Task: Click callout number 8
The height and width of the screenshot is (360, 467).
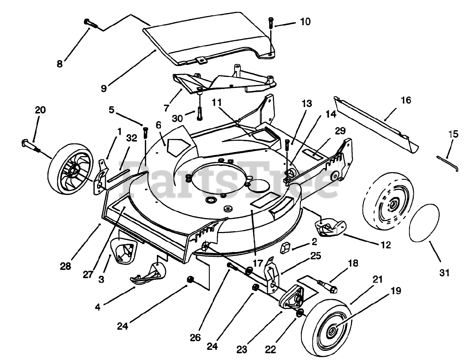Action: click(59, 64)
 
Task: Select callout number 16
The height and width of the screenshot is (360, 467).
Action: click(406, 100)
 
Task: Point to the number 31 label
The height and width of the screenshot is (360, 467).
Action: click(444, 272)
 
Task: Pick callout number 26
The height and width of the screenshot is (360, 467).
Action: click(195, 338)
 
